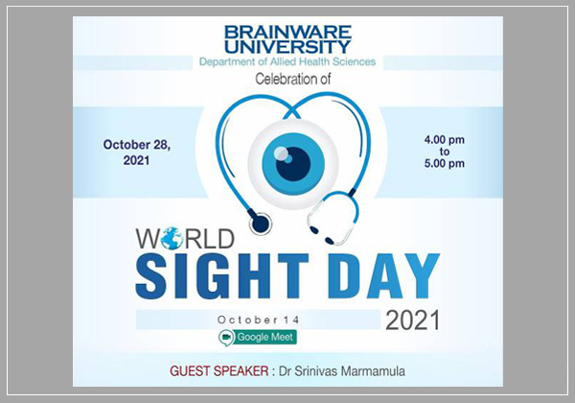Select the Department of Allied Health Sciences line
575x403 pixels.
[287, 63]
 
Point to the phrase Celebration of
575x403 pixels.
[287, 80]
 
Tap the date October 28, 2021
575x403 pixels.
[137, 154]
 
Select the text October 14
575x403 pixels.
[256, 319]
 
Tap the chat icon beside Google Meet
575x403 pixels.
[227, 337]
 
